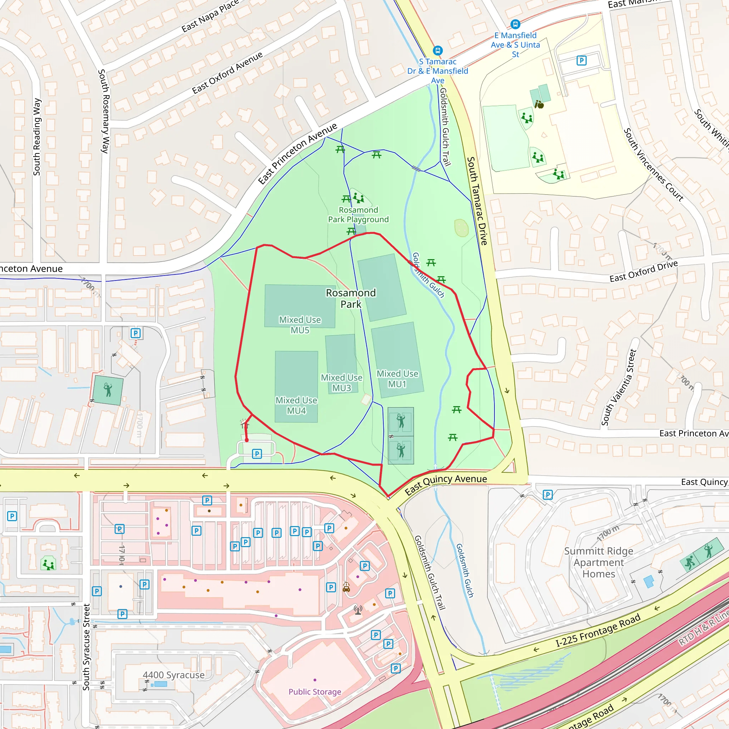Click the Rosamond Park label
tap(351, 298)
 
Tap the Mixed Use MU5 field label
tap(300, 325)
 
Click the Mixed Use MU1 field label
tap(397, 378)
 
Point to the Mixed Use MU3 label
tap(341, 383)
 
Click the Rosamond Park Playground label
tap(358, 214)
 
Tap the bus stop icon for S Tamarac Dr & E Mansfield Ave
tap(437, 50)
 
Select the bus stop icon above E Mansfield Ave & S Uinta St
tap(515, 24)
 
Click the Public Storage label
tap(315, 692)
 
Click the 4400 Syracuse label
tap(174, 675)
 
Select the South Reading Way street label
tap(37, 137)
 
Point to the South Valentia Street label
tap(619, 388)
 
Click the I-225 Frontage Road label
tap(598, 630)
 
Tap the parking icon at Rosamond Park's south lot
tap(257, 453)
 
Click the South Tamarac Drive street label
tap(477, 201)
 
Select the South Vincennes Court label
tap(653, 164)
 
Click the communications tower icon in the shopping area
tap(358, 609)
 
